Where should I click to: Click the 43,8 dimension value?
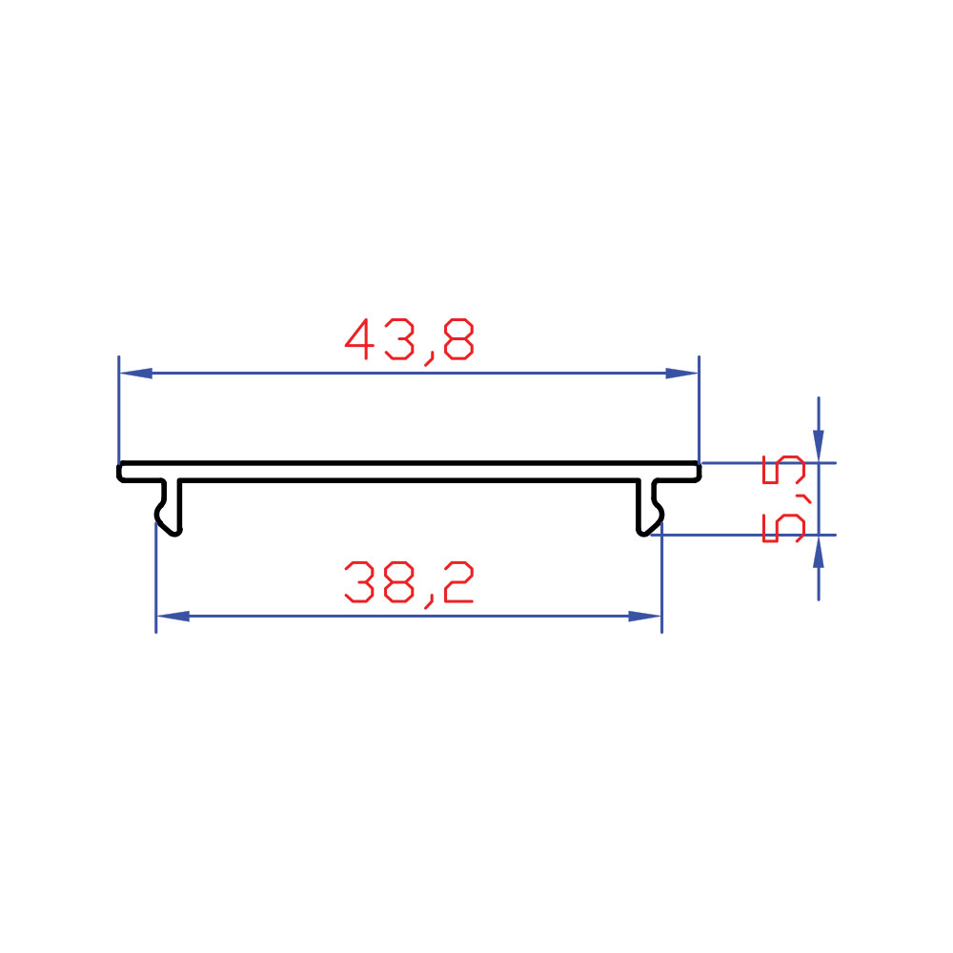pyautogui.click(x=409, y=341)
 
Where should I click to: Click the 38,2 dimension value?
pyautogui.click(x=409, y=584)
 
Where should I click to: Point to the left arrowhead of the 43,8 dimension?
pyautogui.click(x=135, y=374)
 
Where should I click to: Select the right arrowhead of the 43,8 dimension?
pyautogui.click(x=682, y=374)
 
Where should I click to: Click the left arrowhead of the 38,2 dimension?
pyautogui.click(x=173, y=617)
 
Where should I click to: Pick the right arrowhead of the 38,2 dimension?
pyautogui.click(x=645, y=617)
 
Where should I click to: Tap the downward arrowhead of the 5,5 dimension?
pyautogui.click(x=819, y=446)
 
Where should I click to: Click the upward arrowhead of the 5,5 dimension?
pyautogui.click(x=819, y=552)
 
